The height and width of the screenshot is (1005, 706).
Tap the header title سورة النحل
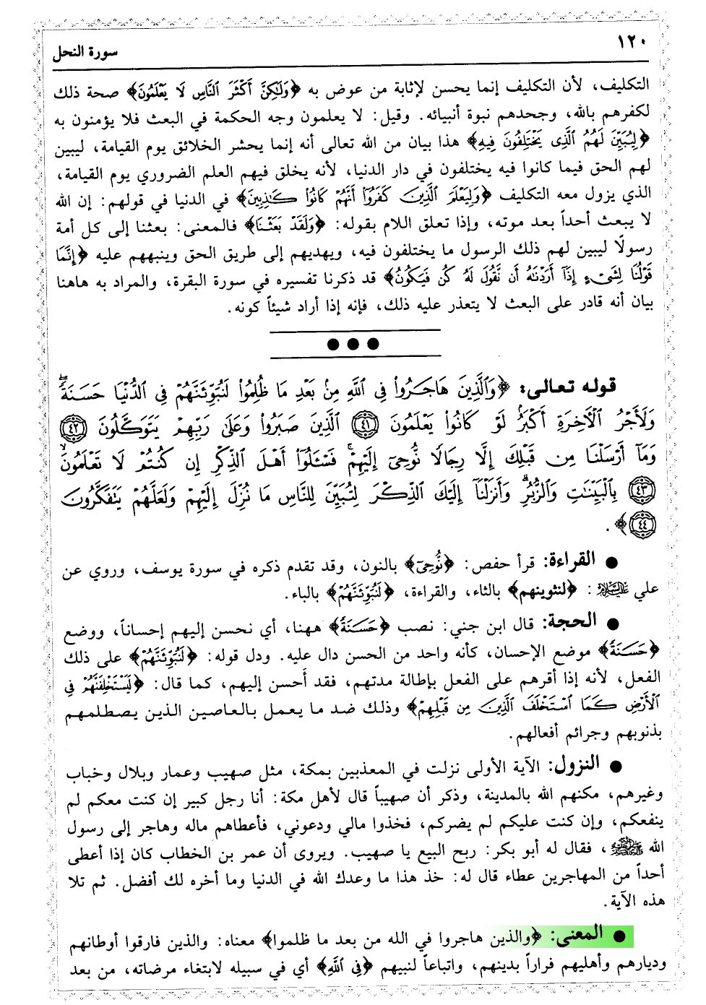[x=85, y=52]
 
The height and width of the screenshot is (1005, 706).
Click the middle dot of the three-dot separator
[x=353, y=344]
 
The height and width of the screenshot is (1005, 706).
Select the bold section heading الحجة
[x=574, y=621]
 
